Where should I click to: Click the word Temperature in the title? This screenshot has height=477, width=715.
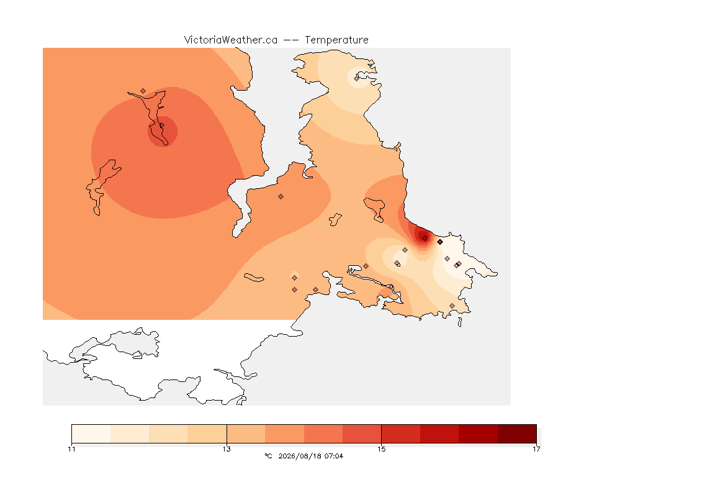click(x=336, y=40)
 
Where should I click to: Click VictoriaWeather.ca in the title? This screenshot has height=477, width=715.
click(x=231, y=40)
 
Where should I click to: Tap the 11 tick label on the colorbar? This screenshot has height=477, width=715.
click(x=71, y=449)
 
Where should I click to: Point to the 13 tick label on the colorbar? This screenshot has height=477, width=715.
click(x=227, y=449)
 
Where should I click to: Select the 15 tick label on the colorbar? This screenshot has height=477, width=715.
click(x=381, y=449)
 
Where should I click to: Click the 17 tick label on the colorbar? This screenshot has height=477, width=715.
click(x=536, y=449)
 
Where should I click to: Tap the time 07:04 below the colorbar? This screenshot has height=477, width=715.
click(x=334, y=456)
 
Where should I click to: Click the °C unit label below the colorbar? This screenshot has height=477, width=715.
click(x=268, y=456)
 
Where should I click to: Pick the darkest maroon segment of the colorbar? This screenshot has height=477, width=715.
click(x=517, y=434)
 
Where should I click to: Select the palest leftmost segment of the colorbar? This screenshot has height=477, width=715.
click(x=91, y=434)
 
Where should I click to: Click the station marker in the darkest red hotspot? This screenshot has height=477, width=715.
click(x=425, y=238)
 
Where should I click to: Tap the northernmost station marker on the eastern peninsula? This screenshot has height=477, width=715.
click(x=357, y=78)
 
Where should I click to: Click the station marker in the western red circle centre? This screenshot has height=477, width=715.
click(x=161, y=125)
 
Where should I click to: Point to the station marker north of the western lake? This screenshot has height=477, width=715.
click(x=143, y=91)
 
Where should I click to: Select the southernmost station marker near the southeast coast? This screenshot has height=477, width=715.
click(x=452, y=306)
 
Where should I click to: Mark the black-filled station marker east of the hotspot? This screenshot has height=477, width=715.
click(x=440, y=242)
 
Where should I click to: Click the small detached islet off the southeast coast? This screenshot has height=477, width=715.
click(x=460, y=322)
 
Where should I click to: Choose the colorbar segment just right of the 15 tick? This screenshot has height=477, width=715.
click(x=401, y=434)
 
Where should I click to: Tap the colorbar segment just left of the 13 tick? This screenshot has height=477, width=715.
click(x=207, y=434)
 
